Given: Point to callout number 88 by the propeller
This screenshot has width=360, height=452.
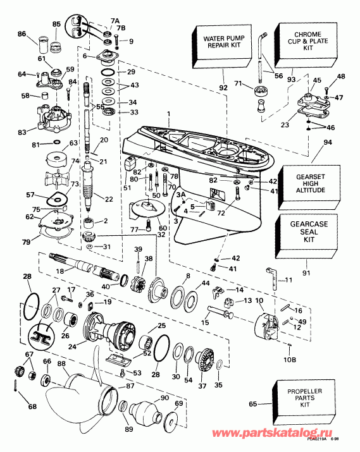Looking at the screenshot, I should [61, 363].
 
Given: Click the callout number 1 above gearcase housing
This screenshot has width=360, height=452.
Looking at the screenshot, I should [169, 113].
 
